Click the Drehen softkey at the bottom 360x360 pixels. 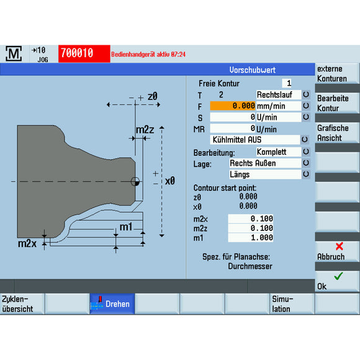112,304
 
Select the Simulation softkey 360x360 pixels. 292,304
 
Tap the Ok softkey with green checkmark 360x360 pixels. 337,281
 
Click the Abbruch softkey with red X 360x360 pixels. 337,251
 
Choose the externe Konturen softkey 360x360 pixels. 337,74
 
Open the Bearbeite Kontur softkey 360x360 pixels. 337,104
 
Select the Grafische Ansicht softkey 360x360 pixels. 337,133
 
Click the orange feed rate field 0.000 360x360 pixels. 233,106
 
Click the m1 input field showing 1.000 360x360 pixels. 251,238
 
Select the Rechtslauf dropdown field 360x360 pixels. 278,95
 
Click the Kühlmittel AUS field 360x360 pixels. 255,140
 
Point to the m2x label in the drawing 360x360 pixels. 27,243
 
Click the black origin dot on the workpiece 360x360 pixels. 134,182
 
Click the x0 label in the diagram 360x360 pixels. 169,181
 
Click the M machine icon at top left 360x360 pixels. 14,54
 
